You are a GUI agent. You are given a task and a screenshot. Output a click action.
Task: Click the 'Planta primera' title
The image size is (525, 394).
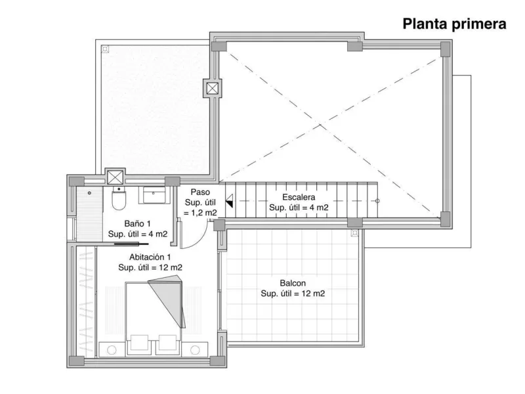[x=454, y=24]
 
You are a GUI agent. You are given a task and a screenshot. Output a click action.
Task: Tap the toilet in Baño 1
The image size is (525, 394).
[x=118, y=198]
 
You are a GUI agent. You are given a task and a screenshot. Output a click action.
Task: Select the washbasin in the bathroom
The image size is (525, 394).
[x=154, y=195]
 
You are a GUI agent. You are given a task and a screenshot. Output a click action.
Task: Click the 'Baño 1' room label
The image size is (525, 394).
[x=137, y=223]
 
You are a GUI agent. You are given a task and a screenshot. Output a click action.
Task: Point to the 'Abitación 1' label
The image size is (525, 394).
[x=150, y=257]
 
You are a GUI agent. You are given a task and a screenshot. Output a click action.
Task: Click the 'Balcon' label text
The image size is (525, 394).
[x=293, y=283]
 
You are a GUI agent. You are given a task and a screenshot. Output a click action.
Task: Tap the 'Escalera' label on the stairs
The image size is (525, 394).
[x=299, y=197]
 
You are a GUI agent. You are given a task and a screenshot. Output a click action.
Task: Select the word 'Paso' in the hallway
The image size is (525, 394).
[x=200, y=192]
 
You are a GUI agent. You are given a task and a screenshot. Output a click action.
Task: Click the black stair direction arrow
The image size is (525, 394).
[x=229, y=201]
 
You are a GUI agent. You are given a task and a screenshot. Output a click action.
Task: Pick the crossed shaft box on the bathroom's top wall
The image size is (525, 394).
[x=115, y=177]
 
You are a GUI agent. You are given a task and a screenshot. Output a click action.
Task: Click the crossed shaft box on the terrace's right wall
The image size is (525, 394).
[x=212, y=89]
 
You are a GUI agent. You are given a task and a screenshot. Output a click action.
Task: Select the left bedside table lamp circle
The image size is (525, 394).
[x=112, y=350]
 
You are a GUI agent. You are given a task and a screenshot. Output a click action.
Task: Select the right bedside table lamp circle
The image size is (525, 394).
[x=195, y=350]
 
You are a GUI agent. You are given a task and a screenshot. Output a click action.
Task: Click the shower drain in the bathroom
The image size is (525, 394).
[x=89, y=193]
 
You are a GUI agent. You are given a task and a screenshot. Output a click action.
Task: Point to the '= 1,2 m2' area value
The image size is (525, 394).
[x=200, y=213]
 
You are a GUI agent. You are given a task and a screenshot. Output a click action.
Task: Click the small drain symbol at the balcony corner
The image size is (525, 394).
[x=354, y=232]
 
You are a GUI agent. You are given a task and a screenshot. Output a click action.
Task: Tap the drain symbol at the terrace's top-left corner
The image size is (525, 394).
[x=105, y=49]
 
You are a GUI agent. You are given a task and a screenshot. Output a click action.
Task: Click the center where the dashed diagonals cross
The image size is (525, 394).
[x=320, y=125]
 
